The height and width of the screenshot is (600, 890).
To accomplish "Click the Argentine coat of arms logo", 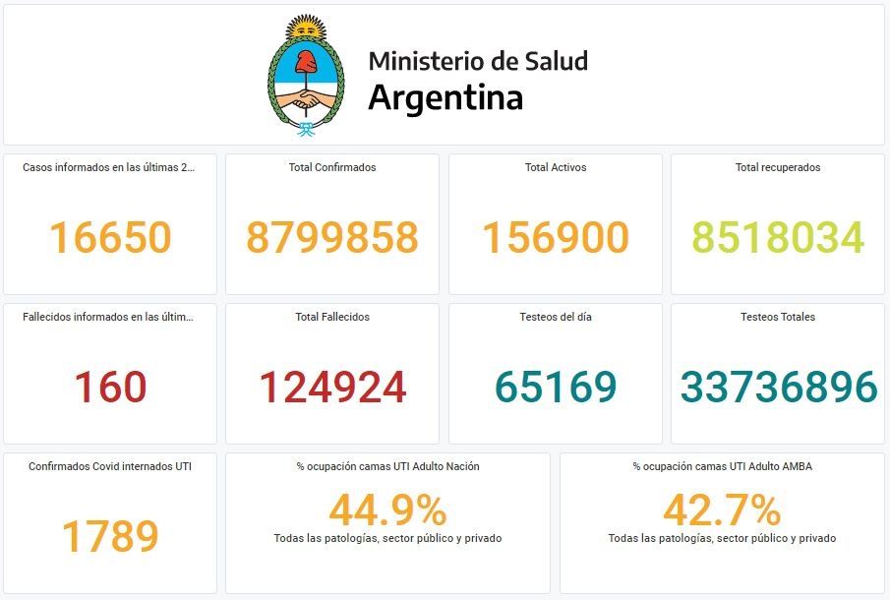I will coord(307,75).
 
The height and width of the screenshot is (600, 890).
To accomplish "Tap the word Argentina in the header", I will coord(445,98).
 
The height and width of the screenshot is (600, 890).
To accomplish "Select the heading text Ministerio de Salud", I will coord(478,61).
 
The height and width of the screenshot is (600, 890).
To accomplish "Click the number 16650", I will coord(110,238).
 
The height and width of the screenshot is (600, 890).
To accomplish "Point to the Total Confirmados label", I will coord(332,167).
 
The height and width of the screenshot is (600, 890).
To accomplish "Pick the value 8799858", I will coord(332,238).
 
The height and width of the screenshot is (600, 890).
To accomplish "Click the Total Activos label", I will coord(556,167).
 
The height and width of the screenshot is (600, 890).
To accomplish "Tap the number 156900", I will coord(556,238).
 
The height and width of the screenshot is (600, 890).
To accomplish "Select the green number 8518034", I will coord(778,238).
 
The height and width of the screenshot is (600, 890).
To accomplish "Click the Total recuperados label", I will coord(778,167).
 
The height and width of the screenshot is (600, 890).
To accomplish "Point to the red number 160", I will coord(110,388).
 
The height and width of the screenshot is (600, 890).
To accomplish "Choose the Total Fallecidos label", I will coord(332,317).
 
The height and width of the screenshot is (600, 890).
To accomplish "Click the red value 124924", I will coord(332,388).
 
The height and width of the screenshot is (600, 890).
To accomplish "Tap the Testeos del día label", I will coord(556,317).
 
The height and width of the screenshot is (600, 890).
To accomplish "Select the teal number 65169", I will coord(556,388).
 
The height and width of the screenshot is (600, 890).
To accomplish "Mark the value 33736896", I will coord(778,388).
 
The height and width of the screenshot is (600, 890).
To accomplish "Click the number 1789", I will coord(110,536).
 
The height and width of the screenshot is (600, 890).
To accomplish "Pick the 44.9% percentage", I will coord(387,510).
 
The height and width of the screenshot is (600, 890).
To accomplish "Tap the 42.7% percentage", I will coord(722,510).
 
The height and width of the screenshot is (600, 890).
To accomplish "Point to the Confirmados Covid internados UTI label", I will coord(110,466).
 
